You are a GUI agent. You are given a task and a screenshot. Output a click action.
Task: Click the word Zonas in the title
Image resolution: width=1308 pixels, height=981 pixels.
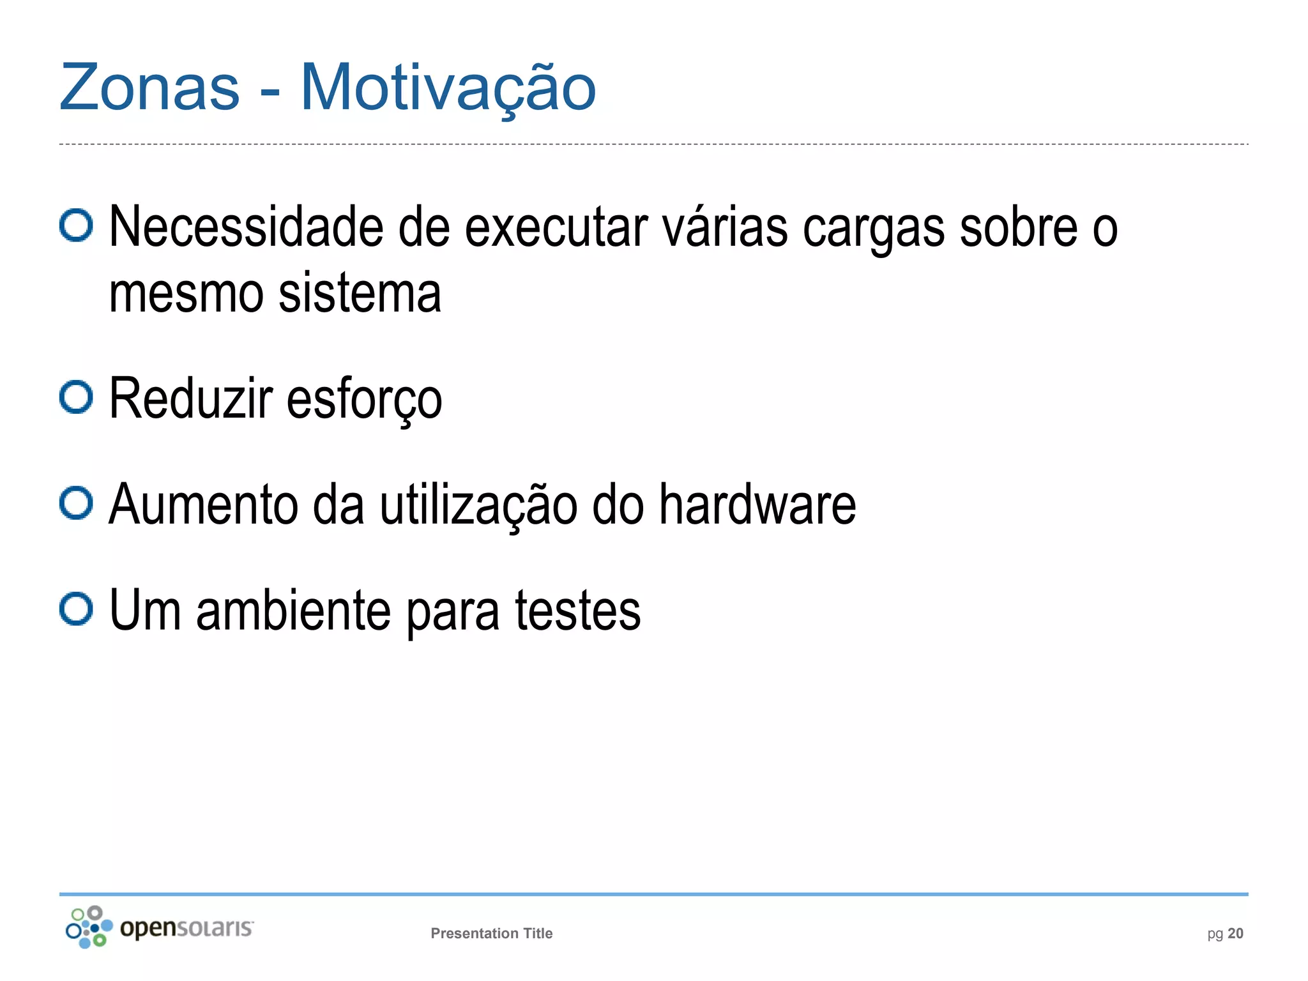pos(149,87)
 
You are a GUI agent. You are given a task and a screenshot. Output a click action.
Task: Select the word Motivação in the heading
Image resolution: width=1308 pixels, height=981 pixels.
pos(448,87)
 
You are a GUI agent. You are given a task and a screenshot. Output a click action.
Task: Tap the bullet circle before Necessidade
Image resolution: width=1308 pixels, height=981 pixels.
pos(76,225)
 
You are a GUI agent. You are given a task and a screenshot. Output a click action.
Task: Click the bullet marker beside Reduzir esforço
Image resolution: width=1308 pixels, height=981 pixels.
pos(76,397)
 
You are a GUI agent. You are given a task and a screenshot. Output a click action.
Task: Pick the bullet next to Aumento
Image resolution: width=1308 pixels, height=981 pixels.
pos(76,503)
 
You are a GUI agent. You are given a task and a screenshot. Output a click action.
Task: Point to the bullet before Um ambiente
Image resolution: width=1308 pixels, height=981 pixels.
pos(76,609)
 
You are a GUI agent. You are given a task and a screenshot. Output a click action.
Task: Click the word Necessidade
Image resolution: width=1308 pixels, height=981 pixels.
pos(246,227)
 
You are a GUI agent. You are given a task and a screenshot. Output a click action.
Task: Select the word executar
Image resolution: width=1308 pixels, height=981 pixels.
pos(556,227)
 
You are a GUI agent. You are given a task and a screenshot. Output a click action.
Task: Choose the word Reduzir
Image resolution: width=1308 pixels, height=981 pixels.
pos(191,399)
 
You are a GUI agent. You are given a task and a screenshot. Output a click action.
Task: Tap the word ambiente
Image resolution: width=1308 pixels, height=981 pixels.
pos(293,611)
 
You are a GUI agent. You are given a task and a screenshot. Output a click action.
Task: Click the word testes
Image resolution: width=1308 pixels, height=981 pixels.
pos(577,611)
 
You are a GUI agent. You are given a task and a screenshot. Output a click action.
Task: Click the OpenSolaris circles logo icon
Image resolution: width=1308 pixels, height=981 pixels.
pos(89,927)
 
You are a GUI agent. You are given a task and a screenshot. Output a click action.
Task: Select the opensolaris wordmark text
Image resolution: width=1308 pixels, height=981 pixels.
pos(186,927)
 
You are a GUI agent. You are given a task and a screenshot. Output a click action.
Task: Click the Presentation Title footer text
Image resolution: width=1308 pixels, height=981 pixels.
pos(491,933)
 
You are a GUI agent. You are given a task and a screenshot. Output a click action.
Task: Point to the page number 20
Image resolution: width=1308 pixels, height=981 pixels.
pos(1235,933)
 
